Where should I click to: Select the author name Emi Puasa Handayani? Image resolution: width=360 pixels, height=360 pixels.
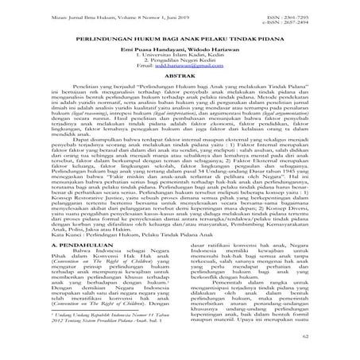click(x=156, y=50)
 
